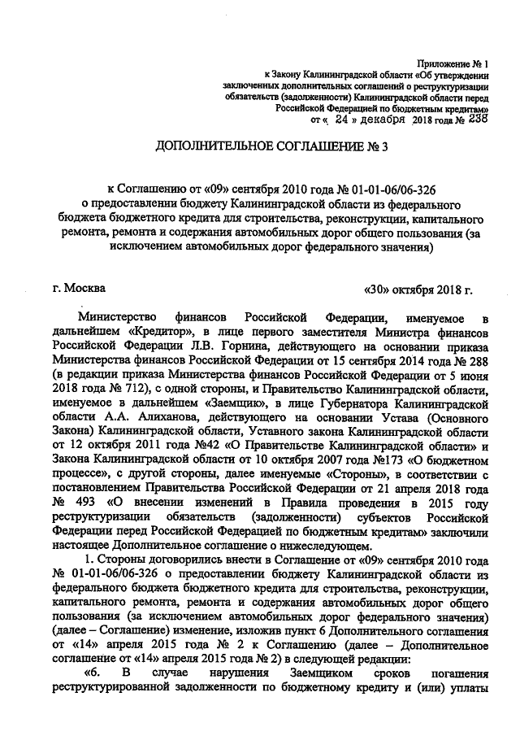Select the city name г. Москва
pos(77,287)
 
